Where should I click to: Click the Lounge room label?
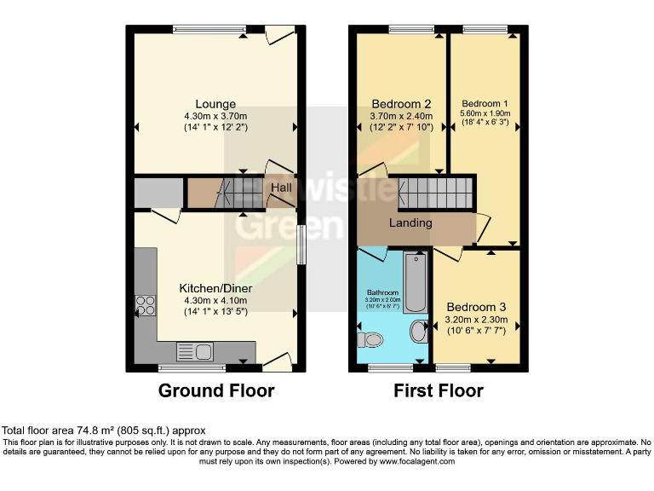coord(215,105)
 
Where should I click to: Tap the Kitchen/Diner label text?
coord(215,288)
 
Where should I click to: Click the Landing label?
coord(410,223)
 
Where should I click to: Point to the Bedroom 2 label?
coord(401,105)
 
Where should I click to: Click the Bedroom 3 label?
coord(476,307)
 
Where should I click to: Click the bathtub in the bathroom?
coord(415,281)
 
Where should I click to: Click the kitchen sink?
coord(194,350)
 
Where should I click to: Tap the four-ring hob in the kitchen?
coord(146,305)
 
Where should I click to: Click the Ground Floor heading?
coord(216,391)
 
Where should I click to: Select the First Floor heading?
coord(438,391)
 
